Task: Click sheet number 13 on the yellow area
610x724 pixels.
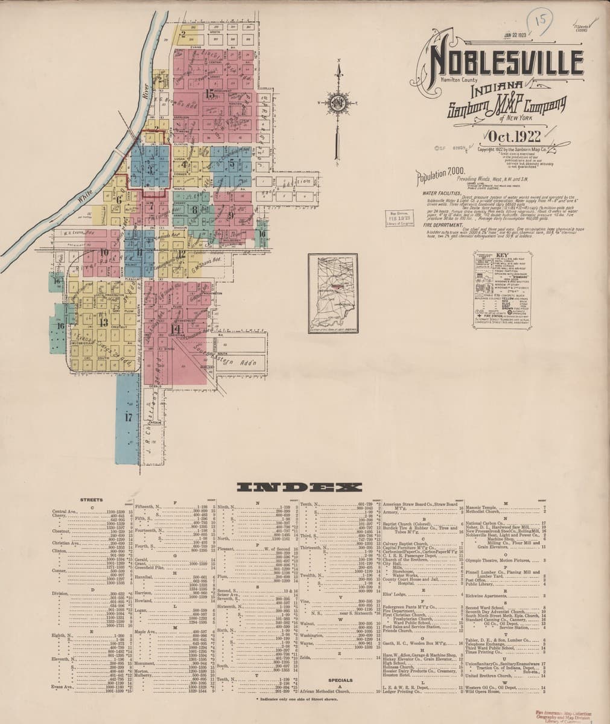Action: pyautogui.click(x=104, y=323)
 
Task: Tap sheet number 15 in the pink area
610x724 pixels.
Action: pyautogui.click(x=209, y=94)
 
